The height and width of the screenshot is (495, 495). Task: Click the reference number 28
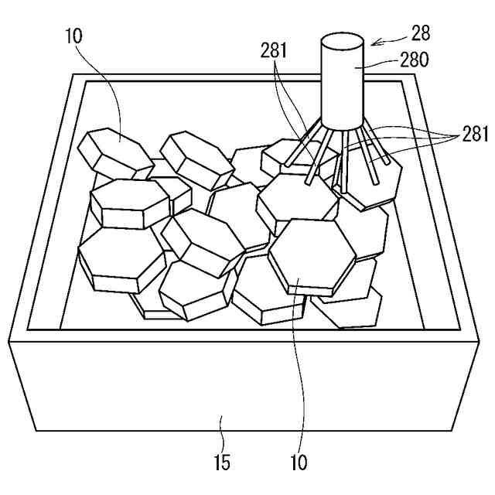421,33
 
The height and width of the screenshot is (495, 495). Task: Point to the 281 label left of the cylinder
274,51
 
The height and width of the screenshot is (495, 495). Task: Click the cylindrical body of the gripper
343,85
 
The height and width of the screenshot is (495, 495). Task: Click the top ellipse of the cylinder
343,41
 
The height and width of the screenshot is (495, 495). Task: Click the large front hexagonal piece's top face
312,255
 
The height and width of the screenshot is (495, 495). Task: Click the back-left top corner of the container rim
72,75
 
